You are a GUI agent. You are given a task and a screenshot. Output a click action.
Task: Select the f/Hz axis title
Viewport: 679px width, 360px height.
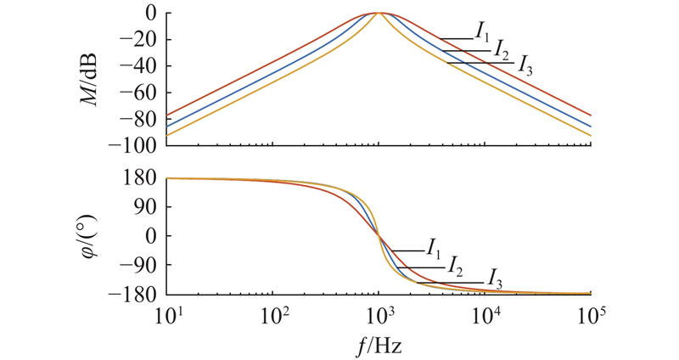click(x=379, y=347)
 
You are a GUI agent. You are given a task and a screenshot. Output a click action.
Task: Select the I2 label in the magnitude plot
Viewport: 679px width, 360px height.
click(x=502, y=48)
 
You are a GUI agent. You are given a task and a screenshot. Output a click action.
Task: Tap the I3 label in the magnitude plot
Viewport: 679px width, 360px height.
click(x=525, y=67)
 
